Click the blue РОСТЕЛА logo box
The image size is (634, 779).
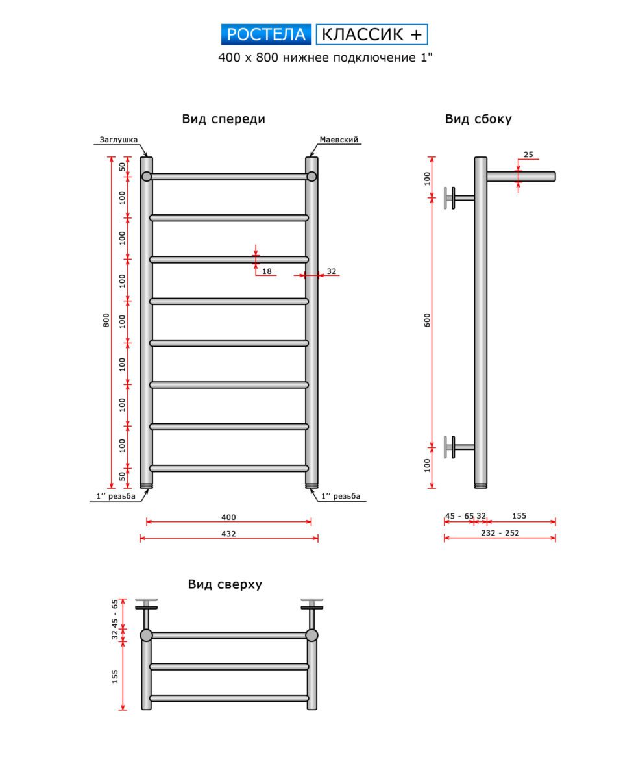(x=267, y=34)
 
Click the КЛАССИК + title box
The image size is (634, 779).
(x=372, y=34)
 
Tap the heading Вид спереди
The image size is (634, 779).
(x=223, y=119)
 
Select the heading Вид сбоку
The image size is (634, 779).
(x=478, y=119)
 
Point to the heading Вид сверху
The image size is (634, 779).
(x=225, y=584)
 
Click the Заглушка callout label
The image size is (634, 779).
(x=119, y=140)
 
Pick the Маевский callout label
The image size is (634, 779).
(x=339, y=140)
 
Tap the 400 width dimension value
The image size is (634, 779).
(x=228, y=517)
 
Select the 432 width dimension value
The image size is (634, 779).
(x=228, y=534)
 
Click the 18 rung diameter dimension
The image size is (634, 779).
(x=267, y=271)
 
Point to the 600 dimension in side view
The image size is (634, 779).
(x=428, y=320)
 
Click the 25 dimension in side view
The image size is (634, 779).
(x=528, y=155)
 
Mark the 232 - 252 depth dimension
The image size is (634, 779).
(x=500, y=533)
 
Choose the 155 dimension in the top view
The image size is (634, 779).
(x=116, y=676)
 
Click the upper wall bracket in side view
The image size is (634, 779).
(x=454, y=198)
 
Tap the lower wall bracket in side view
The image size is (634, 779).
(x=454, y=447)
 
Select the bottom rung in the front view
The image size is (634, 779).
(x=228, y=468)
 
